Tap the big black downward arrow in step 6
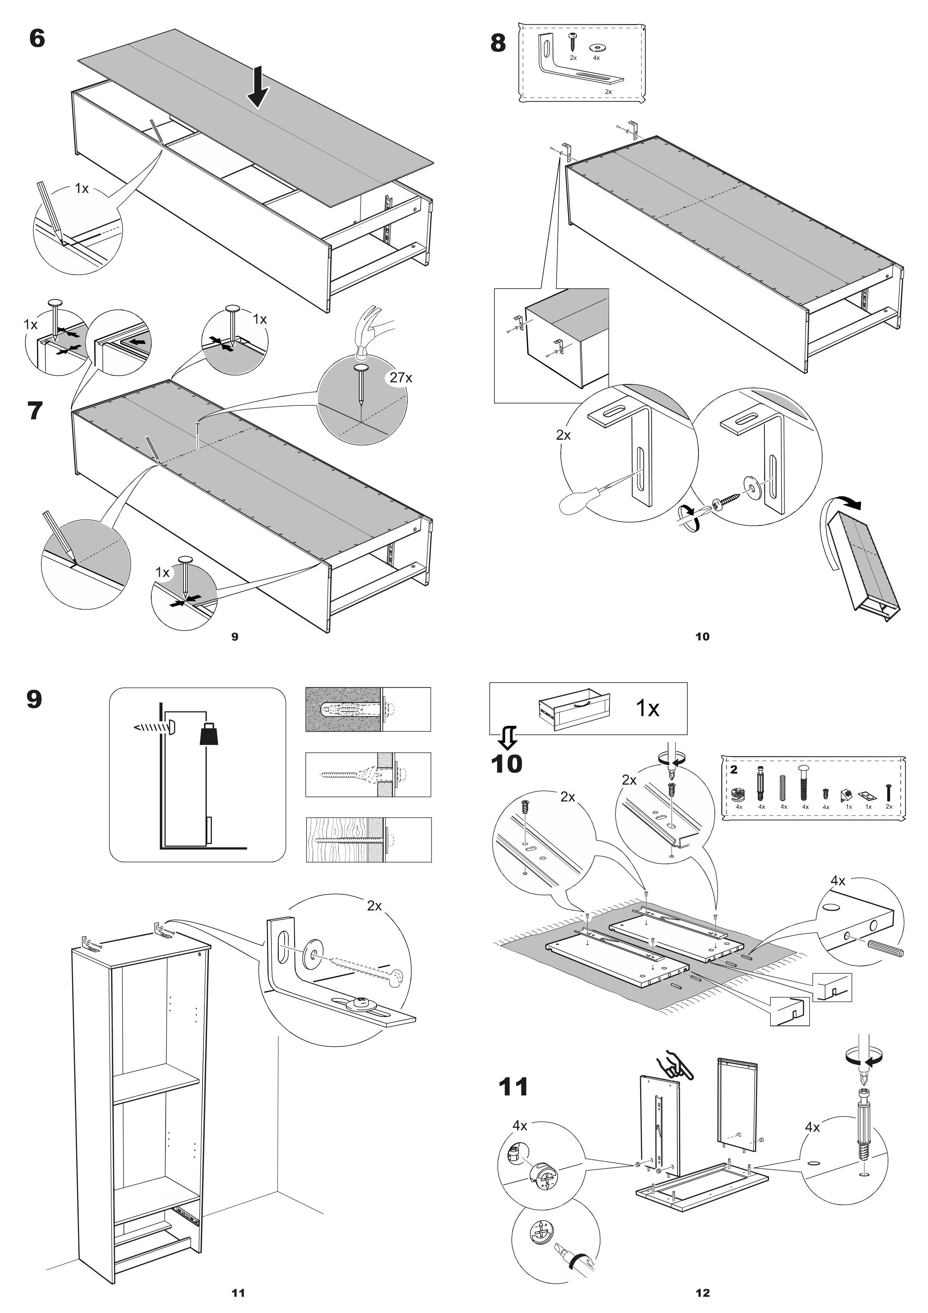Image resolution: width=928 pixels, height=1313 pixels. tap(258, 87)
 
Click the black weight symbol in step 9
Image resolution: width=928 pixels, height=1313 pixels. tap(209, 734)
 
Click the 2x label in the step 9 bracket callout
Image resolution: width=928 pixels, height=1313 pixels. tap(374, 906)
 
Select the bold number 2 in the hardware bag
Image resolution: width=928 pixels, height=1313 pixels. tap(734, 770)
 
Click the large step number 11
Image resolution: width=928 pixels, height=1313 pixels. tap(514, 1087)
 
